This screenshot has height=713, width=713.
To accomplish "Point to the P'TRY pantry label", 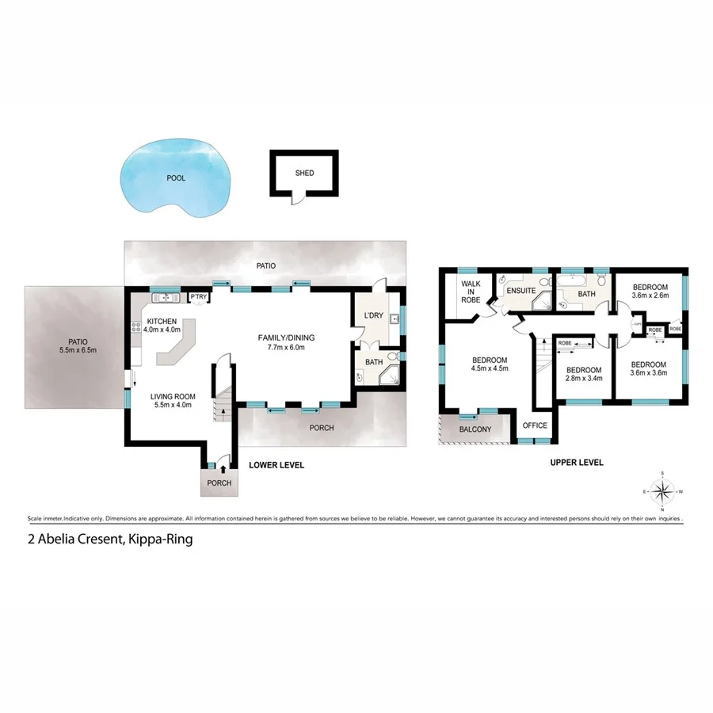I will [197, 297].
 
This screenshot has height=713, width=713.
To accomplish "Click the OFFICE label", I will [535, 425].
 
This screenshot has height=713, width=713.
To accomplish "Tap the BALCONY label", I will [475, 429].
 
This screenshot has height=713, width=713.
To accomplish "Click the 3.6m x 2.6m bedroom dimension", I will [650, 295].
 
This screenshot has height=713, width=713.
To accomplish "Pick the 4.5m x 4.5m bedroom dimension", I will [489, 368].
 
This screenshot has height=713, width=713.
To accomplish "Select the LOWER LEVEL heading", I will [276, 465].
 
